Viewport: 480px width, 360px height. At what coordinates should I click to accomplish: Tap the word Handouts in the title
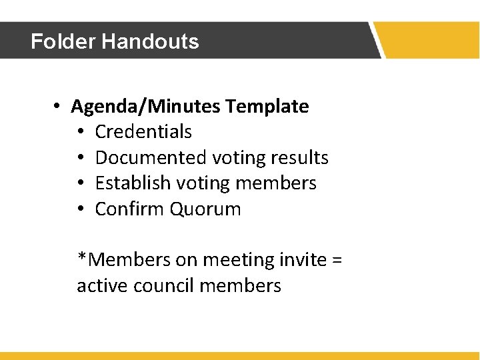(x=150, y=41)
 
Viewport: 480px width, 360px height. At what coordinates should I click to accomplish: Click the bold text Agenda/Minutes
(x=146, y=107)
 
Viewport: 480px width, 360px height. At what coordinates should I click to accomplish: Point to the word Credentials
(x=143, y=132)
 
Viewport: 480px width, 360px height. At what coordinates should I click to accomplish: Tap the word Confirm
(x=130, y=209)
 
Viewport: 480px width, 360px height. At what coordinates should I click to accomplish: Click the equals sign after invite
(x=336, y=260)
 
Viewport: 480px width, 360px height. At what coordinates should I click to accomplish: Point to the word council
(x=163, y=286)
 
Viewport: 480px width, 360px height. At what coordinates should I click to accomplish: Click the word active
(x=103, y=286)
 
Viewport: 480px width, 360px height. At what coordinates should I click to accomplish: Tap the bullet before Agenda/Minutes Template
(x=59, y=107)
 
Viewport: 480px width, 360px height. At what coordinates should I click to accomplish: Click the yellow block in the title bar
(x=430, y=40)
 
